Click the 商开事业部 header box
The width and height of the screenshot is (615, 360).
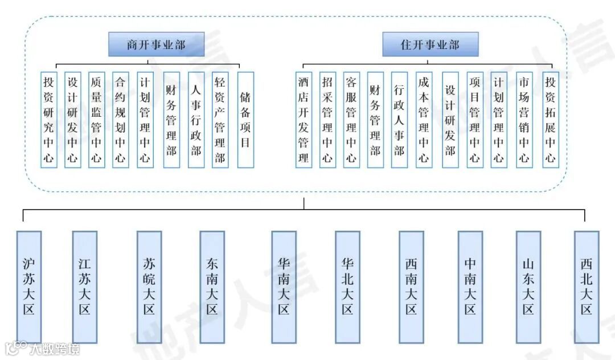(x=156, y=45)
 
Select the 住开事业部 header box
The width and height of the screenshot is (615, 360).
(x=430, y=44)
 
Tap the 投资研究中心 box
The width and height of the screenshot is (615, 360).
(x=49, y=120)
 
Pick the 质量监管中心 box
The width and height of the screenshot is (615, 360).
(x=97, y=120)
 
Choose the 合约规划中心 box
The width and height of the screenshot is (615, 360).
(x=120, y=120)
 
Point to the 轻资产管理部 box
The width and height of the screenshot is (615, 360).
(x=220, y=120)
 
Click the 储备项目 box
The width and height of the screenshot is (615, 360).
(x=245, y=120)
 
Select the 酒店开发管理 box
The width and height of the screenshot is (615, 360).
(x=304, y=120)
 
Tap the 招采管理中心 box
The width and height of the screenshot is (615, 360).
(x=327, y=120)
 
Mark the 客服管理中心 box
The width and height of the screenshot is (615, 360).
(x=351, y=120)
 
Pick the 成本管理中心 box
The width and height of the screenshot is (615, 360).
(x=423, y=120)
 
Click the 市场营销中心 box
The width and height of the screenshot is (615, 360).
(x=524, y=120)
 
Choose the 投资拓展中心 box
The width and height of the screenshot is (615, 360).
(x=550, y=120)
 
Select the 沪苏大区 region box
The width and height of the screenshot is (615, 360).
(x=29, y=287)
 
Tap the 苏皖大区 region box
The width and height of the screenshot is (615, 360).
(x=149, y=287)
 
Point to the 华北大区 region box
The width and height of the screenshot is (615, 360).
(x=347, y=287)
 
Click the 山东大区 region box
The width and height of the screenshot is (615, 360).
(x=528, y=287)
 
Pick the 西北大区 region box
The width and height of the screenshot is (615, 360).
(x=587, y=287)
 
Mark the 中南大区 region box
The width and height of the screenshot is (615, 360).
(x=470, y=287)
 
